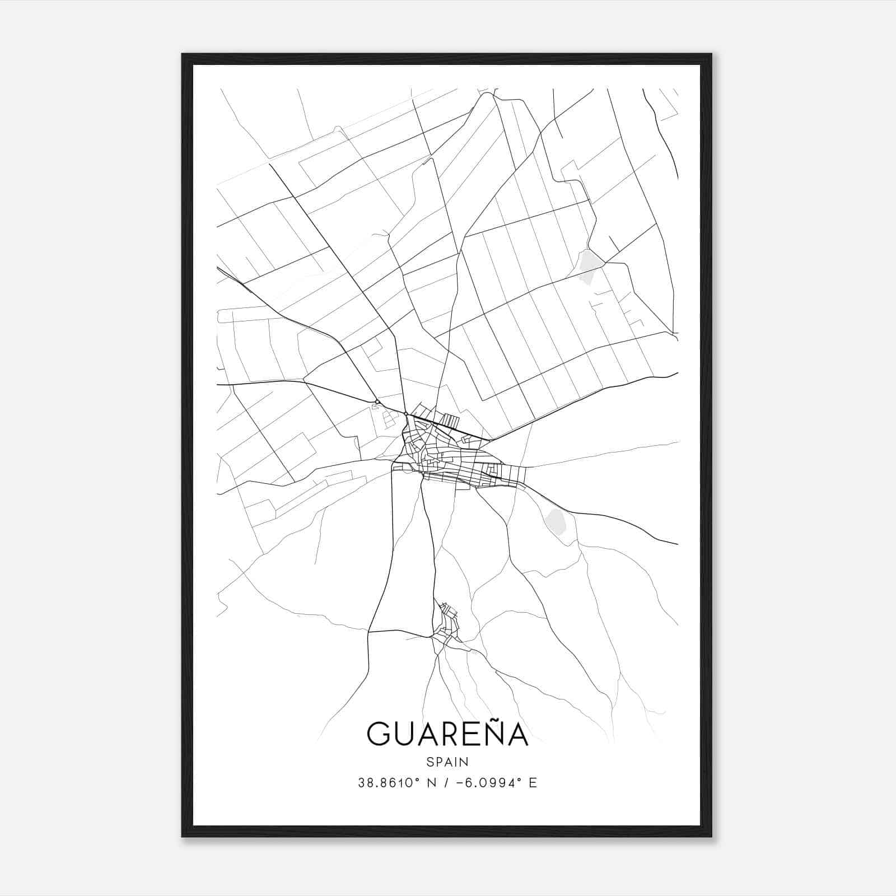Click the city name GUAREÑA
(x=447, y=733)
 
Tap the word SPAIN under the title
(x=447, y=762)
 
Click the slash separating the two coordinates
(x=444, y=783)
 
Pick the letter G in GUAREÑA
(x=380, y=734)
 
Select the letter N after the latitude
(x=431, y=783)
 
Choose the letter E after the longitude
(x=533, y=783)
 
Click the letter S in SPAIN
(x=430, y=762)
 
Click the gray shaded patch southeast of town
(x=558, y=521)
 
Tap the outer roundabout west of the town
(x=378, y=402)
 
